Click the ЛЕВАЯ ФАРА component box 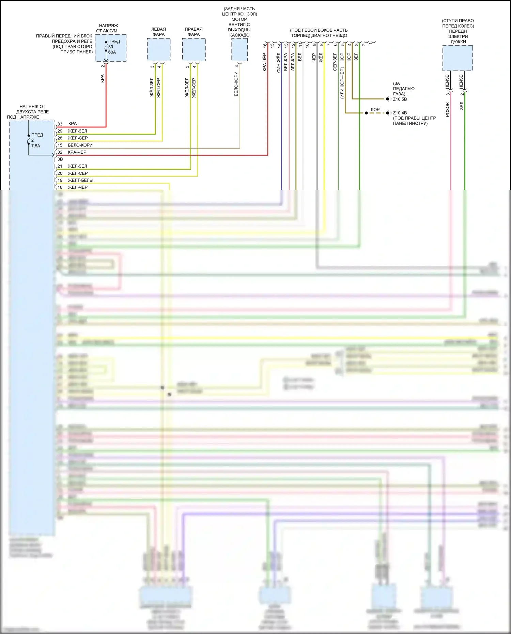(158, 50)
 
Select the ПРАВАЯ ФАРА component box (193, 50)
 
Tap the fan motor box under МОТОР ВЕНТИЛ (239, 50)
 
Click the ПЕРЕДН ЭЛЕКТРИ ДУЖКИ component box (458, 58)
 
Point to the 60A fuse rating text (112, 52)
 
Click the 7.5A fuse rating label (36, 146)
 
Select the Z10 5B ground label (400, 99)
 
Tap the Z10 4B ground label (400, 113)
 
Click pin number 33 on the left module (60, 124)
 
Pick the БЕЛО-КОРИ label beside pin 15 (80, 145)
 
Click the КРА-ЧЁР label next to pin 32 (77, 152)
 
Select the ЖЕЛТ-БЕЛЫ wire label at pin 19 (80, 180)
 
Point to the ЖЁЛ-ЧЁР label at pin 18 (78, 187)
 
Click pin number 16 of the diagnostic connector (265, 45)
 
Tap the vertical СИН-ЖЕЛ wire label (279, 62)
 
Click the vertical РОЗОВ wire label (448, 110)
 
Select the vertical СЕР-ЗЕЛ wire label (335, 62)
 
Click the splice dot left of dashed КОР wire (366, 113)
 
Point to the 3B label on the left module (60, 159)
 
